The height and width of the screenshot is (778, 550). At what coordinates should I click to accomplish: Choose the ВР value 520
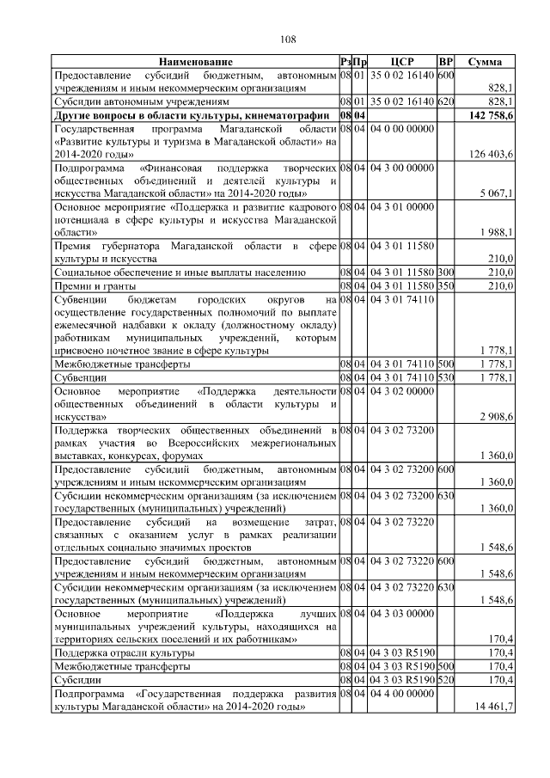[445, 679]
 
